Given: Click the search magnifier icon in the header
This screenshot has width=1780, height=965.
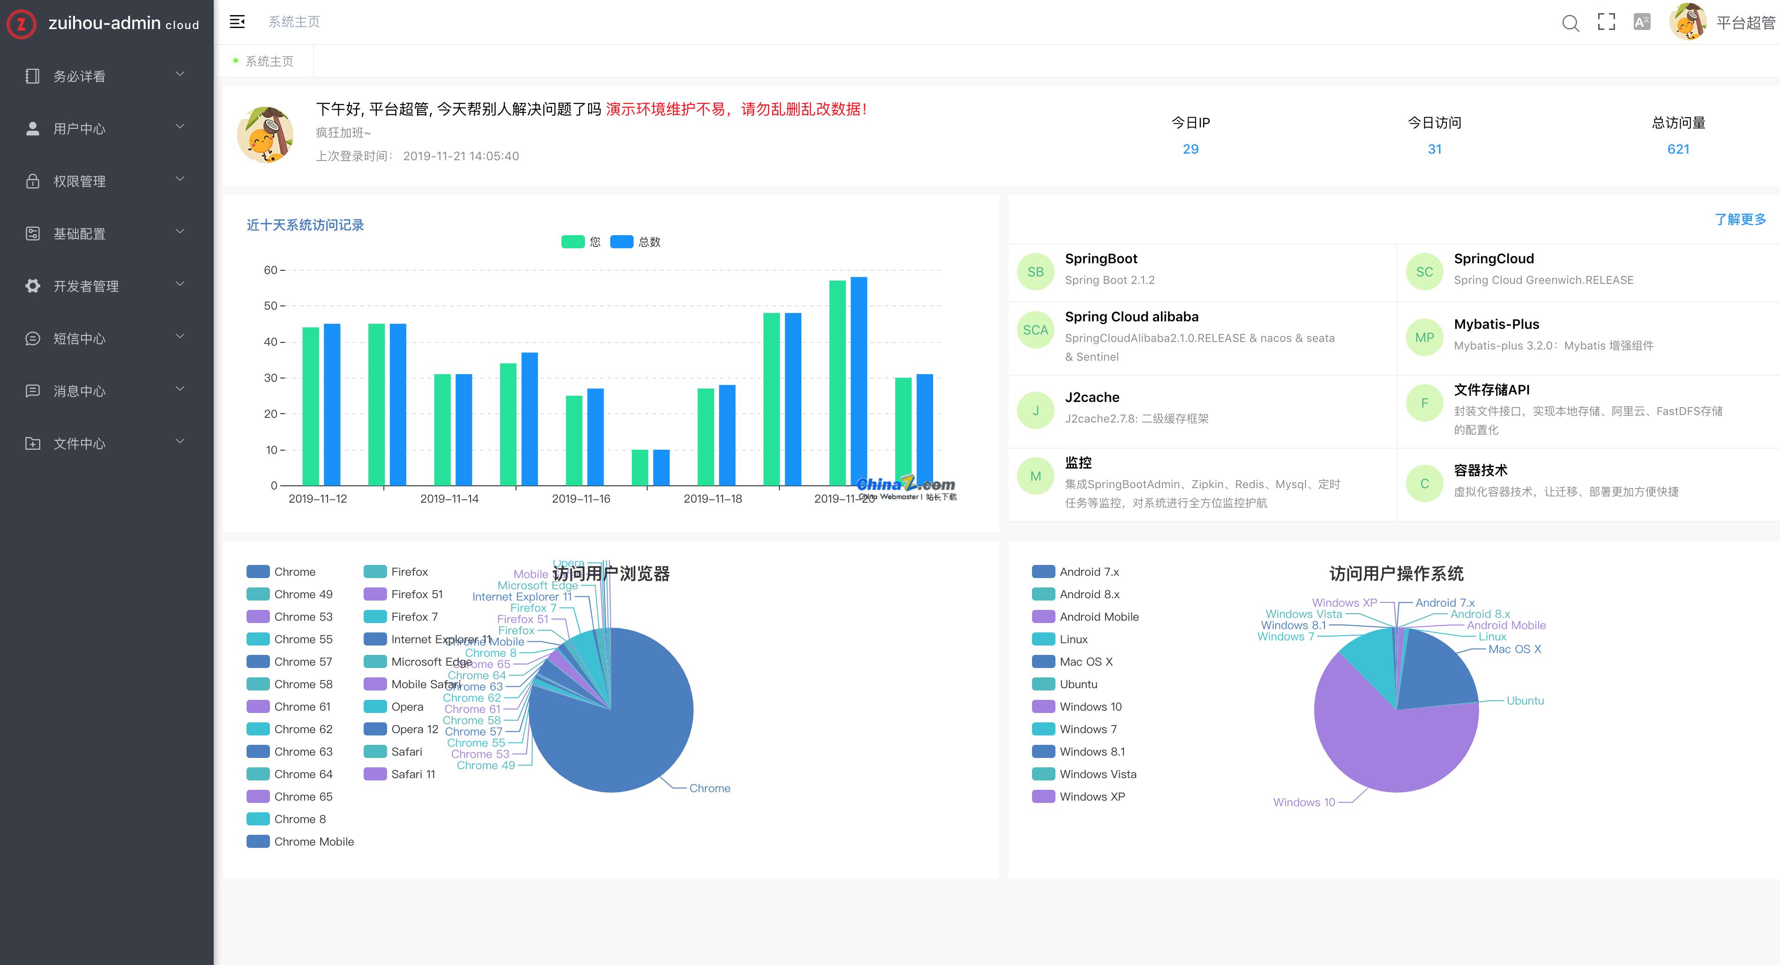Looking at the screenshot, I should pos(1570,23).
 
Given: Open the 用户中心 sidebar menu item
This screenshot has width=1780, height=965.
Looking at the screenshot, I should pos(80,128).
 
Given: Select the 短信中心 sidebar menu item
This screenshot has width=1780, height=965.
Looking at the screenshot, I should pos(80,339).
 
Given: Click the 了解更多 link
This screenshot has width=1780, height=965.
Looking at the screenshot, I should pos(1740,219).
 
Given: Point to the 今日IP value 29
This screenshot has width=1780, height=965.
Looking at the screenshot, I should pos(1190,149).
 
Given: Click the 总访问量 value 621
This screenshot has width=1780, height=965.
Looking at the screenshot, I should pos(1678,149).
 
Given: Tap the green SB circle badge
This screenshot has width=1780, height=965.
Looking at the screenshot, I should pos(1035,272).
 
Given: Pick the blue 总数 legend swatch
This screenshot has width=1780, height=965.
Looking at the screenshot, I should pos(621,242).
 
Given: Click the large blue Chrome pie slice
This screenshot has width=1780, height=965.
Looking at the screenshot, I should pos(622,739).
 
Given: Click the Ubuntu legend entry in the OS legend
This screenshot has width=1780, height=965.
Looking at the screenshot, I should pos(1078,684).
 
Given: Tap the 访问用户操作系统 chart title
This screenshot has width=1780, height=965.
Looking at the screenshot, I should pos(1396,573).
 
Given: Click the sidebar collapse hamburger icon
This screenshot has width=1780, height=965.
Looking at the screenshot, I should pos(237,22).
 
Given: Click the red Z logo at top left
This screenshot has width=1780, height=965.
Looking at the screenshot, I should pos(22,24).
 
